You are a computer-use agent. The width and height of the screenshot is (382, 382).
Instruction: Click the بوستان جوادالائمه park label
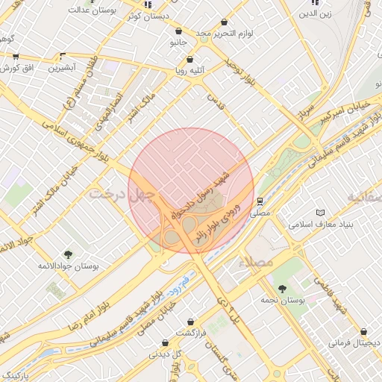pyautogui.click(x=69, y=266)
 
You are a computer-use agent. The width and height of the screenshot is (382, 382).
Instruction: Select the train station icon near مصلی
pyautogui.click(x=259, y=201)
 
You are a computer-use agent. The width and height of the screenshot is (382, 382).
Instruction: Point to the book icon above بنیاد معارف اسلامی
pyautogui.click(x=322, y=213)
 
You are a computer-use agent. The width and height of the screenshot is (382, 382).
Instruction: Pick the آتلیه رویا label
pyautogui.click(x=190, y=72)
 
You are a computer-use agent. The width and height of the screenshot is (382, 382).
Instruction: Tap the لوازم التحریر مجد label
pyautogui.click(x=225, y=34)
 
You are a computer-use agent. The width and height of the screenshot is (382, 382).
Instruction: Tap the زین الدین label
pyautogui.click(x=314, y=14)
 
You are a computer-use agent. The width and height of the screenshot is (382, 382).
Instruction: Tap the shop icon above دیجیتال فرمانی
pyautogui.click(x=363, y=332)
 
